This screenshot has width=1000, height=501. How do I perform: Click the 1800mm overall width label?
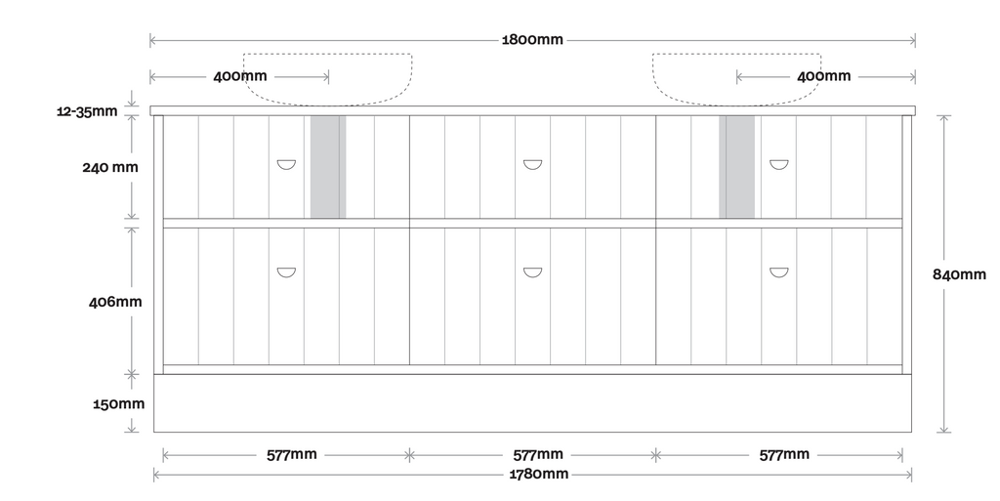532,40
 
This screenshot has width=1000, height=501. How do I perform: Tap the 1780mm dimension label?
538,475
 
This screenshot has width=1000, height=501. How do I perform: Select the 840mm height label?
960,274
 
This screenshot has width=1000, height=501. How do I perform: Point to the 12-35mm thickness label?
87,111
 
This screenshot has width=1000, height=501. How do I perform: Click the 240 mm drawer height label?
109,167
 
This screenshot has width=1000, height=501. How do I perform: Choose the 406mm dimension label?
115,302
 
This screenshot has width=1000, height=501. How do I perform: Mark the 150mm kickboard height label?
119,403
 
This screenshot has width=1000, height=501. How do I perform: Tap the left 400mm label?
239,76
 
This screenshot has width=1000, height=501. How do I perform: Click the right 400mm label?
823,76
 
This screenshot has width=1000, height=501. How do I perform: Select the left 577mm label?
291,454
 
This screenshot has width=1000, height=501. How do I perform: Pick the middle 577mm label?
538,454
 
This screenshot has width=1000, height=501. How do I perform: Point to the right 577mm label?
784,454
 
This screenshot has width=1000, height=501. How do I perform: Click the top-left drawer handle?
286,165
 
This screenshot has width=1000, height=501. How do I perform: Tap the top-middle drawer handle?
532,165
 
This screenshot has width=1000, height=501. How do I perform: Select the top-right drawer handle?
778,165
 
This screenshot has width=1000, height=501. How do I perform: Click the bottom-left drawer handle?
286,272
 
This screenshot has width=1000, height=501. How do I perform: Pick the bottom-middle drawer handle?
532,272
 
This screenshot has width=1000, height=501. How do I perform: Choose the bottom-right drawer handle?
778,272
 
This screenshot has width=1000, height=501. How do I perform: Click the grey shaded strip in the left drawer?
328,167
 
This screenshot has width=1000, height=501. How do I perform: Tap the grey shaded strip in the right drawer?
737,167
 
